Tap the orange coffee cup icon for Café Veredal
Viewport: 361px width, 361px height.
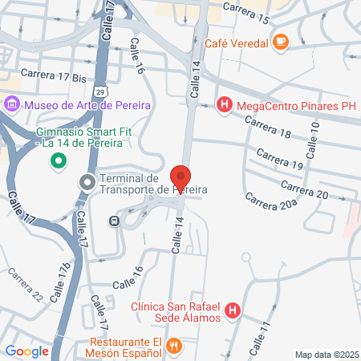(281, 41)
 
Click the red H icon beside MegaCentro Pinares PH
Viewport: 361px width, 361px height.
(225, 103)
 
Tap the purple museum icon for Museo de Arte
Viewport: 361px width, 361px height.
(12, 103)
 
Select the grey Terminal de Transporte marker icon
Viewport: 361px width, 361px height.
(87, 183)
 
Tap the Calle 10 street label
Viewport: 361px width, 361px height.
(313, 138)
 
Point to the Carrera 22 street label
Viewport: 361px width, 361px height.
(26, 284)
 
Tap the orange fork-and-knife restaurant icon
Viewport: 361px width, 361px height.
(177, 346)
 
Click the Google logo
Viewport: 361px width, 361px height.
(26, 350)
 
